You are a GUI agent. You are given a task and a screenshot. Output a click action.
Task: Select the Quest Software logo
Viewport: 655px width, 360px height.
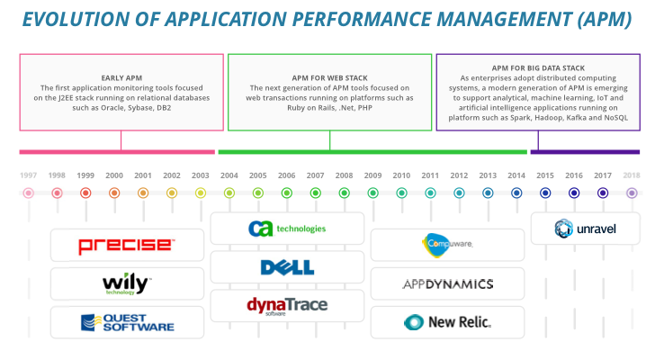coord(128,323)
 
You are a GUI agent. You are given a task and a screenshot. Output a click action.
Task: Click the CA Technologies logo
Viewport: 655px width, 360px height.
coord(287,229)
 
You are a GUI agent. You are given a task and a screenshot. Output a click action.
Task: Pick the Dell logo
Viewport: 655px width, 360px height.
coord(287,267)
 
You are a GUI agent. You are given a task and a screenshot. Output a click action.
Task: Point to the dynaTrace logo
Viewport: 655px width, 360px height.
coord(287,306)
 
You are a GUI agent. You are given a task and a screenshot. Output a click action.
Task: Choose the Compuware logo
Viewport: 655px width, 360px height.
coord(447,245)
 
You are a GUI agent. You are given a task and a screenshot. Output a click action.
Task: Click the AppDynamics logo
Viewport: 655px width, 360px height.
coord(448,284)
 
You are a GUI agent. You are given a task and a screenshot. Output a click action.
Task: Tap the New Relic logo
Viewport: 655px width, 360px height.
coord(447,322)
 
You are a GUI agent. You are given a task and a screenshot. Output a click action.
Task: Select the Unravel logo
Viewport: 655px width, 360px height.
coord(585,229)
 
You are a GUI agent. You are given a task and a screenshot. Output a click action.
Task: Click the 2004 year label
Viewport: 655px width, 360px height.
coord(229,175)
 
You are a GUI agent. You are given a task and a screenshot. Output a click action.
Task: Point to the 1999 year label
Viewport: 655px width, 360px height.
coord(85,175)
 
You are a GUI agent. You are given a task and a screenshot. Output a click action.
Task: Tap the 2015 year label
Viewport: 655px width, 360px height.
coord(545,175)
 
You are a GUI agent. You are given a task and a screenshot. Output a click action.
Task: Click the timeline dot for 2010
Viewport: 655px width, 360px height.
coord(401,193)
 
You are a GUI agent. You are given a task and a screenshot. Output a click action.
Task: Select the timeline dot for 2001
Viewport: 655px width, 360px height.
coord(143,193)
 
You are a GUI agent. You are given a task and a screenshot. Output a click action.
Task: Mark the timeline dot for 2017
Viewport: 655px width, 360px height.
coord(603,193)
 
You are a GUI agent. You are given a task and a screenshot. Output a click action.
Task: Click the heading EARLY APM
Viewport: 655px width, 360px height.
coord(121,78)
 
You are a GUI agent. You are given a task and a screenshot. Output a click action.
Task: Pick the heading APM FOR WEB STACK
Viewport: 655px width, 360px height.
coord(329,78)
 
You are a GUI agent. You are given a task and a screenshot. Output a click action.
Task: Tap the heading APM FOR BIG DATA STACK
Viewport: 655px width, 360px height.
coord(538,68)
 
